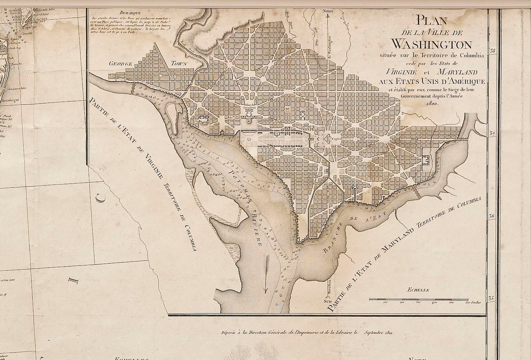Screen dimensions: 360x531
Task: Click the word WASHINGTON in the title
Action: [x=431, y=44]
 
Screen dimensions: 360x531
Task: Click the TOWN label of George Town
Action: [x=179, y=63]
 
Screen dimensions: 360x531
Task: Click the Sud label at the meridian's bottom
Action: [x=328, y=302]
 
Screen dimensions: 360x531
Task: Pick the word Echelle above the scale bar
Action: [x=418, y=290]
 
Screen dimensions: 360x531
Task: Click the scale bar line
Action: [x=426, y=299]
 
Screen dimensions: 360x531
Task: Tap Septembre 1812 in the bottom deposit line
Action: [x=378, y=333]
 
